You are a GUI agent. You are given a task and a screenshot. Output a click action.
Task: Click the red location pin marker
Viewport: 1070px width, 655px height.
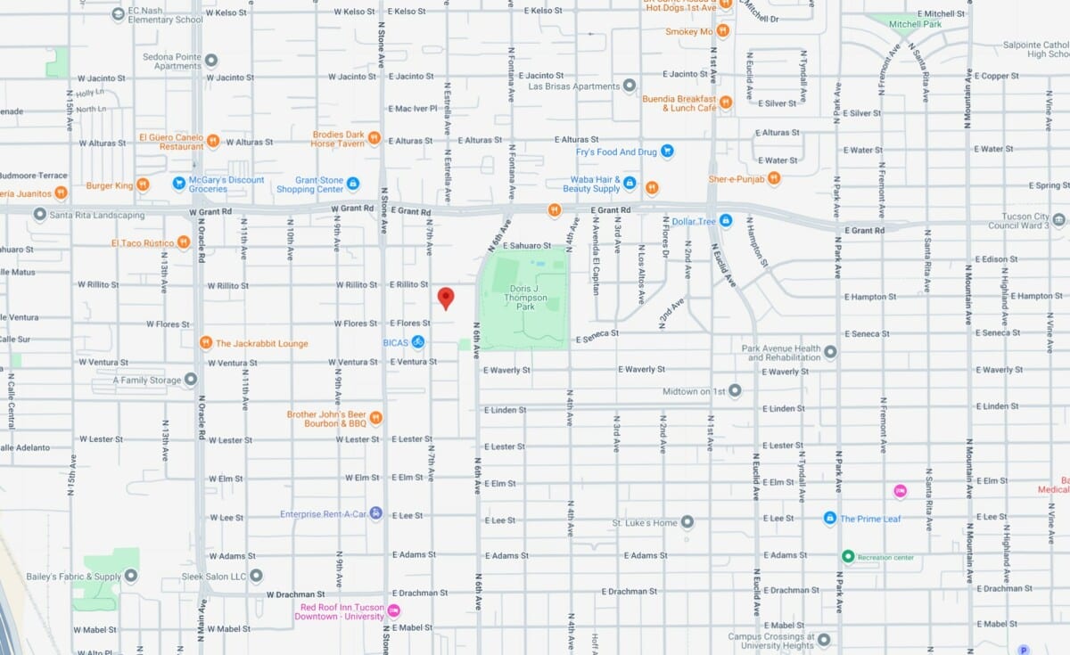[x=446, y=298]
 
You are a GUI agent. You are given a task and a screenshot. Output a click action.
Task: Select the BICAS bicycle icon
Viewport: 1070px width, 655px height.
[x=417, y=342]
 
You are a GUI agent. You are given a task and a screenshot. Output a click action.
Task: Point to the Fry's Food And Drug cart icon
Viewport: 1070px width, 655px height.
[x=667, y=151]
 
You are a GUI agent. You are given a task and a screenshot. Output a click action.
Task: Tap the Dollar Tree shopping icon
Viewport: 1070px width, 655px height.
[x=726, y=220]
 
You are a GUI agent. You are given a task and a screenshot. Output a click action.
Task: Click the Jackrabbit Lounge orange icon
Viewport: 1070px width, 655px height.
[x=206, y=343]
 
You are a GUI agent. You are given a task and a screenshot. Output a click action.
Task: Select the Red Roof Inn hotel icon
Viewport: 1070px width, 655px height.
[x=393, y=611]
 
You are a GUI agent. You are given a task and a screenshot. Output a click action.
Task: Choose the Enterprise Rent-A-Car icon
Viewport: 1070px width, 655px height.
[x=376, y=513]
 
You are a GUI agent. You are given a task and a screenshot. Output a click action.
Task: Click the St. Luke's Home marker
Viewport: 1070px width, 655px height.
[x=687, y=522]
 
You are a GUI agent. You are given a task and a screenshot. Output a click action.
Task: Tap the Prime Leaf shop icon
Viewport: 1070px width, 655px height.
[x=830, y=518]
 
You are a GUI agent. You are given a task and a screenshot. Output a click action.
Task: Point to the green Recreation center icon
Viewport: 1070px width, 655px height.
[x=848, y=557]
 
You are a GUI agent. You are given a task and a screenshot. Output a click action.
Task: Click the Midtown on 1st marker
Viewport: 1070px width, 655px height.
[x=735, y=390]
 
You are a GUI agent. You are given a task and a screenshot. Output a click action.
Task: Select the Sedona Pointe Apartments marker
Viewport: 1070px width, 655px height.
[x=211, y=61]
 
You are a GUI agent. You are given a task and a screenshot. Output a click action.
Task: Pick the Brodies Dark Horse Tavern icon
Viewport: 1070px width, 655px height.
[x=374, y=138]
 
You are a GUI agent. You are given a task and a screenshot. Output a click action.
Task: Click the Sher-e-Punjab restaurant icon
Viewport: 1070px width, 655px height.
[x=774, y=177]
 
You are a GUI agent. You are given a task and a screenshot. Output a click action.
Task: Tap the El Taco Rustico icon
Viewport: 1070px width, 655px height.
[x=183, y=242]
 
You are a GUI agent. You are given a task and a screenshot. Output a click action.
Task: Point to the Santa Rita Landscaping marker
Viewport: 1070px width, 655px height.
[x=39, y=215]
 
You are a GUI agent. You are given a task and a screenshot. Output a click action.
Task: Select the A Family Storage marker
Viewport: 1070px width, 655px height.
[x=190, y=381]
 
